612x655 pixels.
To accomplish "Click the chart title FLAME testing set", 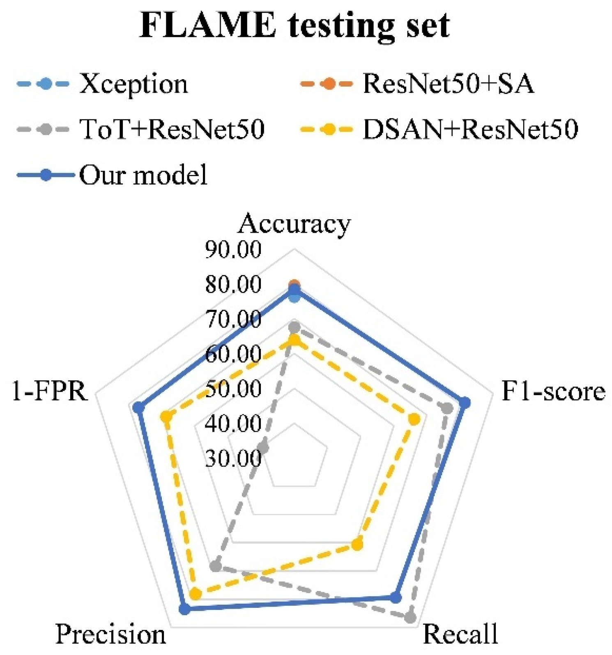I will (294, 26).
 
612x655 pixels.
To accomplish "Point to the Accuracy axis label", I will (294, 224).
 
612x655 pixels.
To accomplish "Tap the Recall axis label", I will (460, 634).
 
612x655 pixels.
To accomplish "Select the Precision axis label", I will (110, 634).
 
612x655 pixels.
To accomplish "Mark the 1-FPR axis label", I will (50, 391).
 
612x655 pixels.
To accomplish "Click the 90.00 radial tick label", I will (233, 250).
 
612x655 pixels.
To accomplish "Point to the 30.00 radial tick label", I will (233, 458).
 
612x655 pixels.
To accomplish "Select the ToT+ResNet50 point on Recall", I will (410, 617).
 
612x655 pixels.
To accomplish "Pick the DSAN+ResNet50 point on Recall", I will (357, 545).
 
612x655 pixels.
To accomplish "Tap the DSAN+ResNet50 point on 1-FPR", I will (166, 417).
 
